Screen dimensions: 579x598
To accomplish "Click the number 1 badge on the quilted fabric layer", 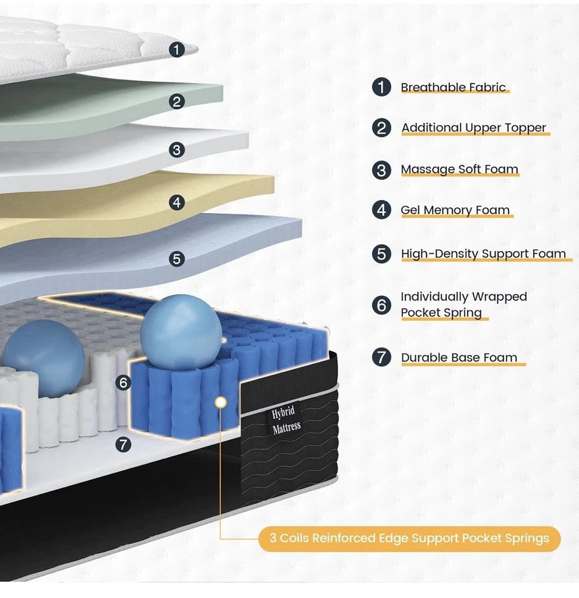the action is point(177,49).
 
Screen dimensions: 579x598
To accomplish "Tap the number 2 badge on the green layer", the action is point(177,101).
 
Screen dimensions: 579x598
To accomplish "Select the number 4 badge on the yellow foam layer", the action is point(177,202).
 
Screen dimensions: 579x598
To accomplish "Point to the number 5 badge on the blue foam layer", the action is point(177,258).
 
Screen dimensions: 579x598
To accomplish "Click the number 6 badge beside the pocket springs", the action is point(123,382).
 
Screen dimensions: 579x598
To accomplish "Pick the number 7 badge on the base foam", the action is point(123,444).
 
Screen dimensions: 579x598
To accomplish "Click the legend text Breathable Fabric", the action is point(453,87).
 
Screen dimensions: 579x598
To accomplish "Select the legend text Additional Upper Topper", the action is point(473,128).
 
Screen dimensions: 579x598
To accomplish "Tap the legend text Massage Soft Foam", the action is point(459,169).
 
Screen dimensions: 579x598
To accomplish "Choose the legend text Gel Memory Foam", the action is point(455,210).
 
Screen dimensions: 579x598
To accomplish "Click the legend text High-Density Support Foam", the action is point(483,254).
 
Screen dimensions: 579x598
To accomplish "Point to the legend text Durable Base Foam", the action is point(459,358).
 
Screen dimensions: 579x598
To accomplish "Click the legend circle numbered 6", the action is point(382,305).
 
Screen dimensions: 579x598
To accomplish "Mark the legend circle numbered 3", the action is point(382,169).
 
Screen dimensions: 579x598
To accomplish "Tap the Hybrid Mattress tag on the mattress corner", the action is point(286,419).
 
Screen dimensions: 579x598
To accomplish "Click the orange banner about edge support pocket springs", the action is point(409,538).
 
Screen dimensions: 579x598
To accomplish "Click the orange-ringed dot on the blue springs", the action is point(220,402).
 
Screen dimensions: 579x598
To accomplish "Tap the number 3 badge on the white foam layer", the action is point(177,150).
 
